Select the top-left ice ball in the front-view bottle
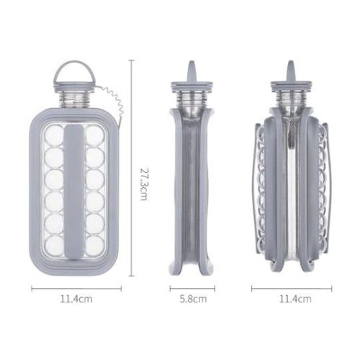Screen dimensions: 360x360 54,135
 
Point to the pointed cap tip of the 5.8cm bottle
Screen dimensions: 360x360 192,68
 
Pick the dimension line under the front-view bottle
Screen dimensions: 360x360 74,288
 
